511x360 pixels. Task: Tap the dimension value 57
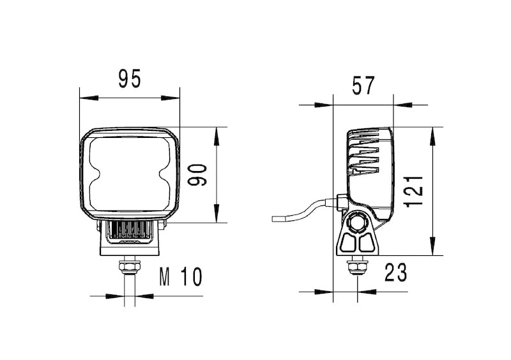pos(363,84)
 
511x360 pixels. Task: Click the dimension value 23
pos(395,273)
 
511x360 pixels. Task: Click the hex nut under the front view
pos(129,264)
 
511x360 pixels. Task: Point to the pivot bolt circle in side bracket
pos(357,225)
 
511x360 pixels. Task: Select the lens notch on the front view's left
pos(93,174)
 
